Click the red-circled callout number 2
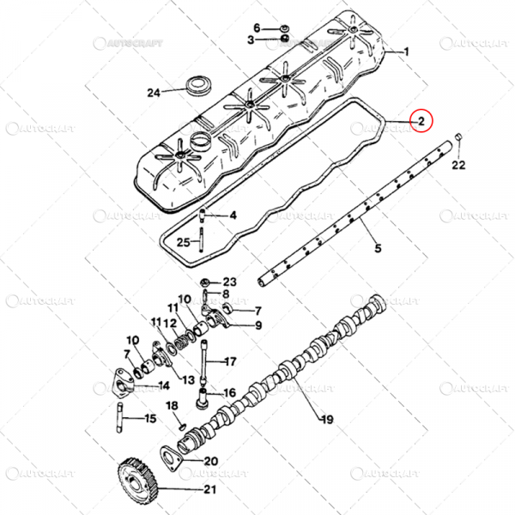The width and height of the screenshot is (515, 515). [421, 122]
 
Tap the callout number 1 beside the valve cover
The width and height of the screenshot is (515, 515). [406, 51]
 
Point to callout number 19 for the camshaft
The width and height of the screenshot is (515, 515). [327, 420]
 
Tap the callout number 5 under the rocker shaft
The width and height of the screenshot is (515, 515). [378, 248]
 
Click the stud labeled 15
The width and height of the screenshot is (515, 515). [119, 418]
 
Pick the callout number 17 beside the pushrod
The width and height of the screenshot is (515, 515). [231, 361]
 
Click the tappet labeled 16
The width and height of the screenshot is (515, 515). [203, 398]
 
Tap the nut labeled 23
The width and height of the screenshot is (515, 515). [204, 282]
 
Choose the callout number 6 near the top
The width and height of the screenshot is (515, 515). [257, 28]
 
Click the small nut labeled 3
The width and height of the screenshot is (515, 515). [284, 39]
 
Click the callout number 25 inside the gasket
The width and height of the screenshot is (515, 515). [184, 242]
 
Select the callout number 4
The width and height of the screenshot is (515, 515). [233, 215]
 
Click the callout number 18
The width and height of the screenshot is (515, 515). [173, 406]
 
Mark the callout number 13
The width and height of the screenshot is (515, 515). [189, 380]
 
